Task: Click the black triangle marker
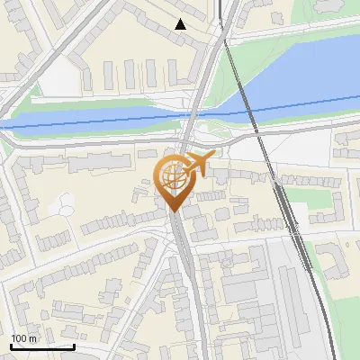pos(181,24)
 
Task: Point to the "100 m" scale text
pos(24,338)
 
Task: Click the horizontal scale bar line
pos(42,346)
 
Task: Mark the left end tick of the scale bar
pos(11,345)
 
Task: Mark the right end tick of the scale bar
pos(74,345)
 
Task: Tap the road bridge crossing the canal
pos(194,112)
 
